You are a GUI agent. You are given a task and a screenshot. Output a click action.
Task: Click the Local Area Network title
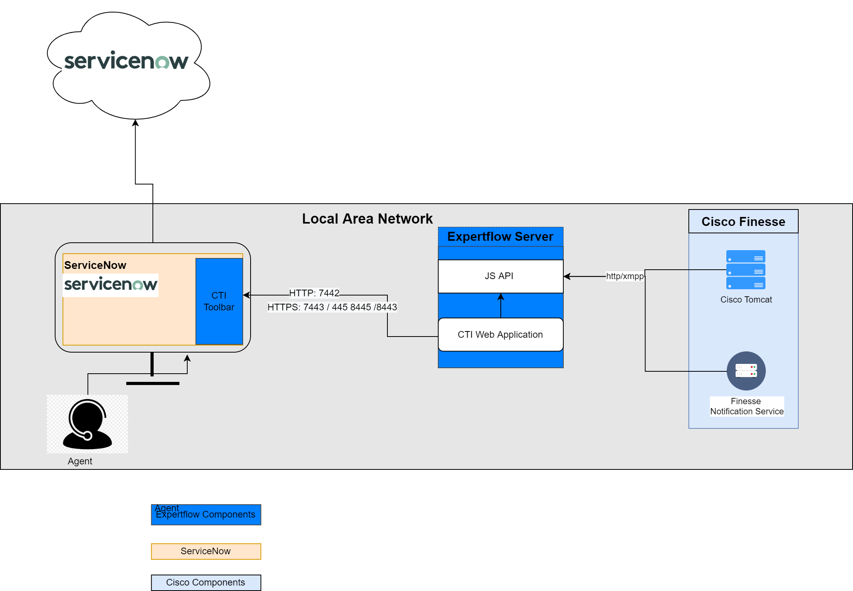pyautogui.click(x=367, y=218)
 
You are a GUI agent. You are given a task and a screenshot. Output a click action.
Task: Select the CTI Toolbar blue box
pyautogui.click(x=219, y=301)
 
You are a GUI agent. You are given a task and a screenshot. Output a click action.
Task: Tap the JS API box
pyautogui.click(x=500, y=276)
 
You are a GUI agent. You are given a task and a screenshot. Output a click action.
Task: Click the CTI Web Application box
pyautogui.click(x=500, y=335)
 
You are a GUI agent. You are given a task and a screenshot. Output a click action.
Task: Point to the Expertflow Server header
pyautogui.click(x=500, y=236)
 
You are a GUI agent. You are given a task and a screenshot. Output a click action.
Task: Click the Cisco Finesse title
pyautogui.click(x=743, y=222)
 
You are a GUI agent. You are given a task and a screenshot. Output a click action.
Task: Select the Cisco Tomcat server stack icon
pyautogui.click(x=745, y=270)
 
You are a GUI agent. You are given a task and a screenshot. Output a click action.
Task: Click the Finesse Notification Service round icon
pyautogui.click(x=746, y=371)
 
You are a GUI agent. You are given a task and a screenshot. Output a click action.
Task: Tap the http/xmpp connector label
pyautogui.click(x=625, y=276)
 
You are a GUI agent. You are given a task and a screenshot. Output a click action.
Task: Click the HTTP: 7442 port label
pyautogui.click(x=314, y=293)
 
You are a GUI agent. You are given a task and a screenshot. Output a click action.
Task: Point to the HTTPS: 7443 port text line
pyautogui.click(x=332, y=307)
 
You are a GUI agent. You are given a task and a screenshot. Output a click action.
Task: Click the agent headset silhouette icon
pyautogui.click(x=87, y=424)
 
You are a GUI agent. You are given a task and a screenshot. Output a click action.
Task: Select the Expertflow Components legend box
pyautogui.click(x=206, y=515)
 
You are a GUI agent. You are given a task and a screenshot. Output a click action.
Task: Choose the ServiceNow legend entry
pyautogui.click(x=206, y=551)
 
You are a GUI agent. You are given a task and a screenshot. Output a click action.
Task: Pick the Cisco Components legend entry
pyautogui.click(x=206, y=582)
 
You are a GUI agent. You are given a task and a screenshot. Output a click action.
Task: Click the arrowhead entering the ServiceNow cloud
pyautogui.click(x=135, y=123)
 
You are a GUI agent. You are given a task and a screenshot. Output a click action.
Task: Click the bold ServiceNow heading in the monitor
pyautogui.click(x=95, y=265)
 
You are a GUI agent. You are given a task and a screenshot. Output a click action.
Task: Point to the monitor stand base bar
pyautogui.click(x=152, y=383)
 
